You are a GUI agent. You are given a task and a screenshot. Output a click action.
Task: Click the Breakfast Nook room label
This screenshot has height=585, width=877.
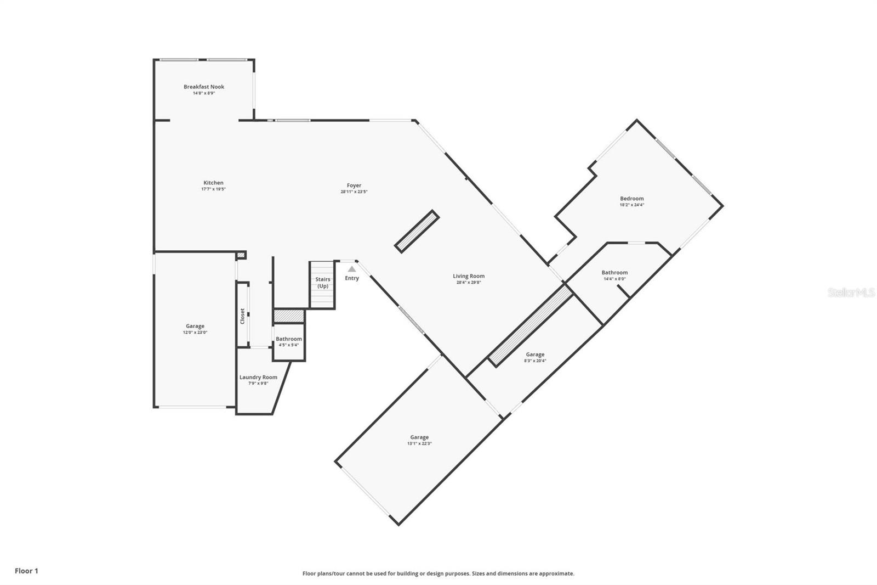(x=203, y=87)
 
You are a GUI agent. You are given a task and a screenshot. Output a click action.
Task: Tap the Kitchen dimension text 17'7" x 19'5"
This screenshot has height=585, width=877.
(x=213, y=189)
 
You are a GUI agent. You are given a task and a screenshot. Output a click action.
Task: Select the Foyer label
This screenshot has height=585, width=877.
(x=354, y=185)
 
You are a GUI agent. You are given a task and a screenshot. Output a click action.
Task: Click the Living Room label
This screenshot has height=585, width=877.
(x=469, y=276)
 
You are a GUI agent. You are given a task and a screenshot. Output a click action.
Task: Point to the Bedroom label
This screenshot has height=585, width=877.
(x=631, y=199)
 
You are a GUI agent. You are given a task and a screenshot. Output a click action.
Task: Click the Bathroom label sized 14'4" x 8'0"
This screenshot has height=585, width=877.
(x=614, y=272)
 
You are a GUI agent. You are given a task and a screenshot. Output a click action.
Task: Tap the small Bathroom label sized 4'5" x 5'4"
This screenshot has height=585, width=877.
(x=288, y=339)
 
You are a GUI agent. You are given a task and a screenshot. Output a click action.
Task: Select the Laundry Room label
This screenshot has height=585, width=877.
(x=258, y=377)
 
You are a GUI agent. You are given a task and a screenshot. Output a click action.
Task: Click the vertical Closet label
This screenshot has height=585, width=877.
(x=243, y=316)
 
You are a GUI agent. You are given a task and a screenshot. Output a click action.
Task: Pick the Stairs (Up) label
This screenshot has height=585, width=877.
(x=323, y=282)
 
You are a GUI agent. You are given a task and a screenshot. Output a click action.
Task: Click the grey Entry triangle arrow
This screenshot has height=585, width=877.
(x=352, y=269)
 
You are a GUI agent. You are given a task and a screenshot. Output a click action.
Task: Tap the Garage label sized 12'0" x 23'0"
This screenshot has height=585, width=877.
(x=195, y=326)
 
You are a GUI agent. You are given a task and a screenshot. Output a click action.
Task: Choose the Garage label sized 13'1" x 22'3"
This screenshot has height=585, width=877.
(x=419, y=437)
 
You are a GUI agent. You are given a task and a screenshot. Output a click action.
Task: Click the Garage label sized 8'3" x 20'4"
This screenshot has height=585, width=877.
(x=535, y=355)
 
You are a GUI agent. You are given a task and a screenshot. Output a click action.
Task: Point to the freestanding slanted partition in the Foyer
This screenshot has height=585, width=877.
(x=417, y=232)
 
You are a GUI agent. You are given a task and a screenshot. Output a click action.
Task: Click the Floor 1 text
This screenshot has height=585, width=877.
(x=26, y=571)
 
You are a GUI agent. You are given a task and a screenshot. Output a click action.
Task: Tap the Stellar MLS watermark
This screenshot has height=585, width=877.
(x=851, y=292)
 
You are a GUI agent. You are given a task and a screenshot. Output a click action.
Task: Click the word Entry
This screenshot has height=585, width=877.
(x=352, y=278)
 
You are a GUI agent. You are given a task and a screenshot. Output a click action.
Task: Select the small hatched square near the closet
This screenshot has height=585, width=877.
(x=241, y=255)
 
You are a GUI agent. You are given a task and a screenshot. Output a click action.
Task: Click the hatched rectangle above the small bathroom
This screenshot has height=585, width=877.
(x=288, y=316)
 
